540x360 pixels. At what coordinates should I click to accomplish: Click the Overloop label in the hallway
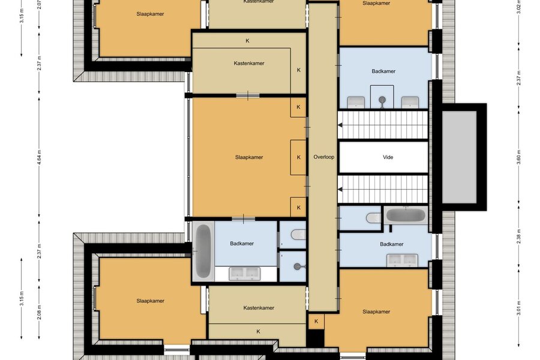(324, 157)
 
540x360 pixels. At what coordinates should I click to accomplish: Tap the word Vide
(388, 157)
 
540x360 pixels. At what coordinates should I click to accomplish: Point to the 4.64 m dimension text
(39, 157)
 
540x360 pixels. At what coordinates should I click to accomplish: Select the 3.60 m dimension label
(519, 157)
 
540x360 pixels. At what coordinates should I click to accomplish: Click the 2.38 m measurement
(519, 236)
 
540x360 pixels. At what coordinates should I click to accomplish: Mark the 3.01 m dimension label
(519, 308)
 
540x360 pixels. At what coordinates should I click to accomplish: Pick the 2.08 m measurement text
(39, 312)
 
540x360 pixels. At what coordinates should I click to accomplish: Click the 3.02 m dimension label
(519, 7)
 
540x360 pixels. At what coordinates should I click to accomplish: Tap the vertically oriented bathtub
(203, 251)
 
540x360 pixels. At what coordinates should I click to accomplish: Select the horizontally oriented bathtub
(406, 215)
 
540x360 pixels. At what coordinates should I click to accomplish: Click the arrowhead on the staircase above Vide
(340, 125)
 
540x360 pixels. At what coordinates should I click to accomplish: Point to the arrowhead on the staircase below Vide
(340, 189)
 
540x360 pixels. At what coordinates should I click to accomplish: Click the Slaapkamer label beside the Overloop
(249, 157)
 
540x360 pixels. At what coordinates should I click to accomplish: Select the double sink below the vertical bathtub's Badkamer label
(245, 273)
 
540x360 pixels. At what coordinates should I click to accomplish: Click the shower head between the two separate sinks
(382, 101)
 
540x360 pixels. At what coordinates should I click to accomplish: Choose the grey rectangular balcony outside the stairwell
(459, 157)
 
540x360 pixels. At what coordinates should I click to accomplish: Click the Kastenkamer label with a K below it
(259, 308)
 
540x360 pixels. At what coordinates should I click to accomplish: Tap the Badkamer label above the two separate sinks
(383, 71)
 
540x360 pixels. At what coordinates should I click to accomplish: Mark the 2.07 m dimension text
(39, 4)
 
